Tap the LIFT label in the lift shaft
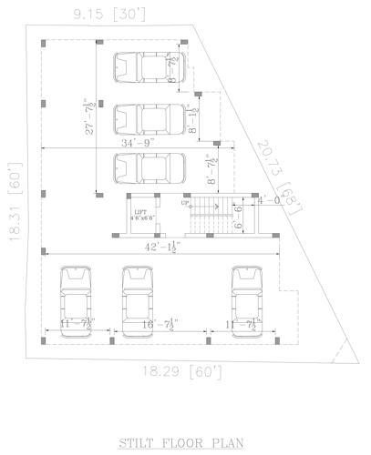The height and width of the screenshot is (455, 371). [140, 212]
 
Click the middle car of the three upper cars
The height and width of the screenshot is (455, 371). [149, 119]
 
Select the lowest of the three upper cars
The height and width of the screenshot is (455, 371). [149, 169]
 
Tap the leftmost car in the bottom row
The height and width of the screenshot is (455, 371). [73, 299]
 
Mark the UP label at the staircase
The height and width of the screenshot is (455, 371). [185, 203]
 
